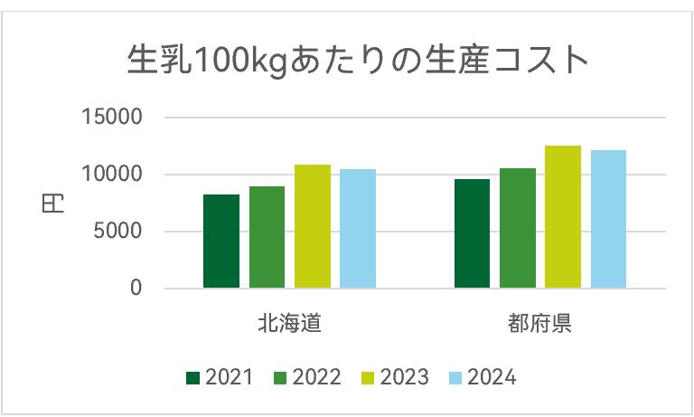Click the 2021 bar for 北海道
pyautogui.click(x=221, y=242)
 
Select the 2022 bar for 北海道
pyautogui.click(x=267, y=238)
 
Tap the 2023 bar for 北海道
pyautogui.click(x=313, y=227)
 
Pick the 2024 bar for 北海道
pyautogui.click(x=358, y=229)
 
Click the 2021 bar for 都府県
pyautogui.click(x=472, y=234)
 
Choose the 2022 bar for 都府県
pyautogui.click(x=518, y=229)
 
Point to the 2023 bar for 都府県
pyautogui.click(x=563, y=217)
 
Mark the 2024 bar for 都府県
pyautogui.click(x=608, y=220)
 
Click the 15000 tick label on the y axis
pyautogui.click(x=112, y=118)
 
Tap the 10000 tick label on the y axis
pyautogui.click(x=112, y=175)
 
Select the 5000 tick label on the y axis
pyautogui.click(x=117, y=232)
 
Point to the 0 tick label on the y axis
pyautogui.click(x=136, y=289)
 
